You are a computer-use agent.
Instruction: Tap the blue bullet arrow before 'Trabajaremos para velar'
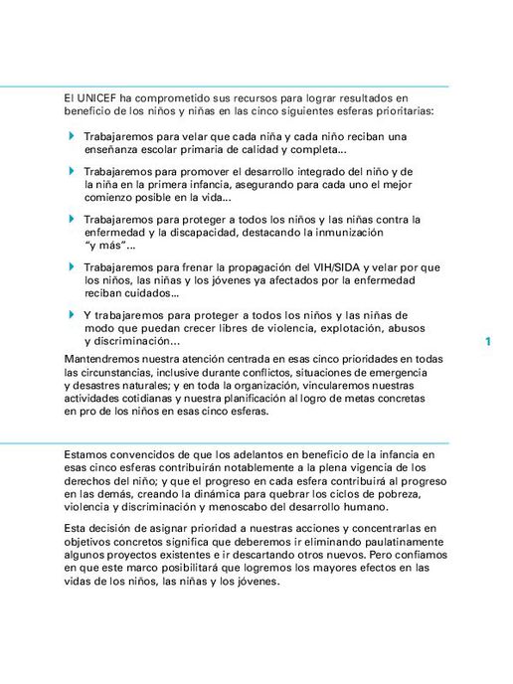pos(72,135)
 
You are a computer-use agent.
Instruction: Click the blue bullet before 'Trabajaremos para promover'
pos(72,171)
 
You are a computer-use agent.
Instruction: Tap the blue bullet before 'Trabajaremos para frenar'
pos(72,266)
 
